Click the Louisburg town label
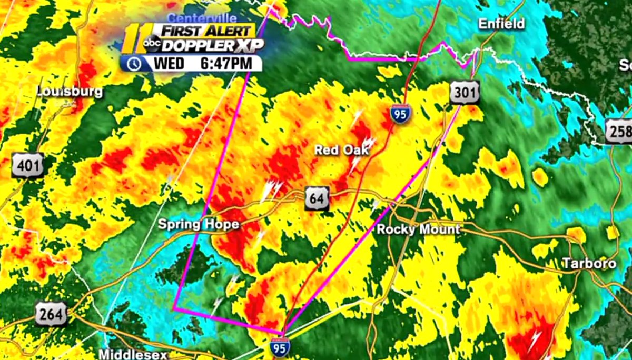70,92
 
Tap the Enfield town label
501,24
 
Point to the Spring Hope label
199,225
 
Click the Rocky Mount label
418,229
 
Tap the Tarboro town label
588,263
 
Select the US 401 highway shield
27,166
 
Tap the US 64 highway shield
317,198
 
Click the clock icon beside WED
135,64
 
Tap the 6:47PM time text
230,64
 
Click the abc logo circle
152,43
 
